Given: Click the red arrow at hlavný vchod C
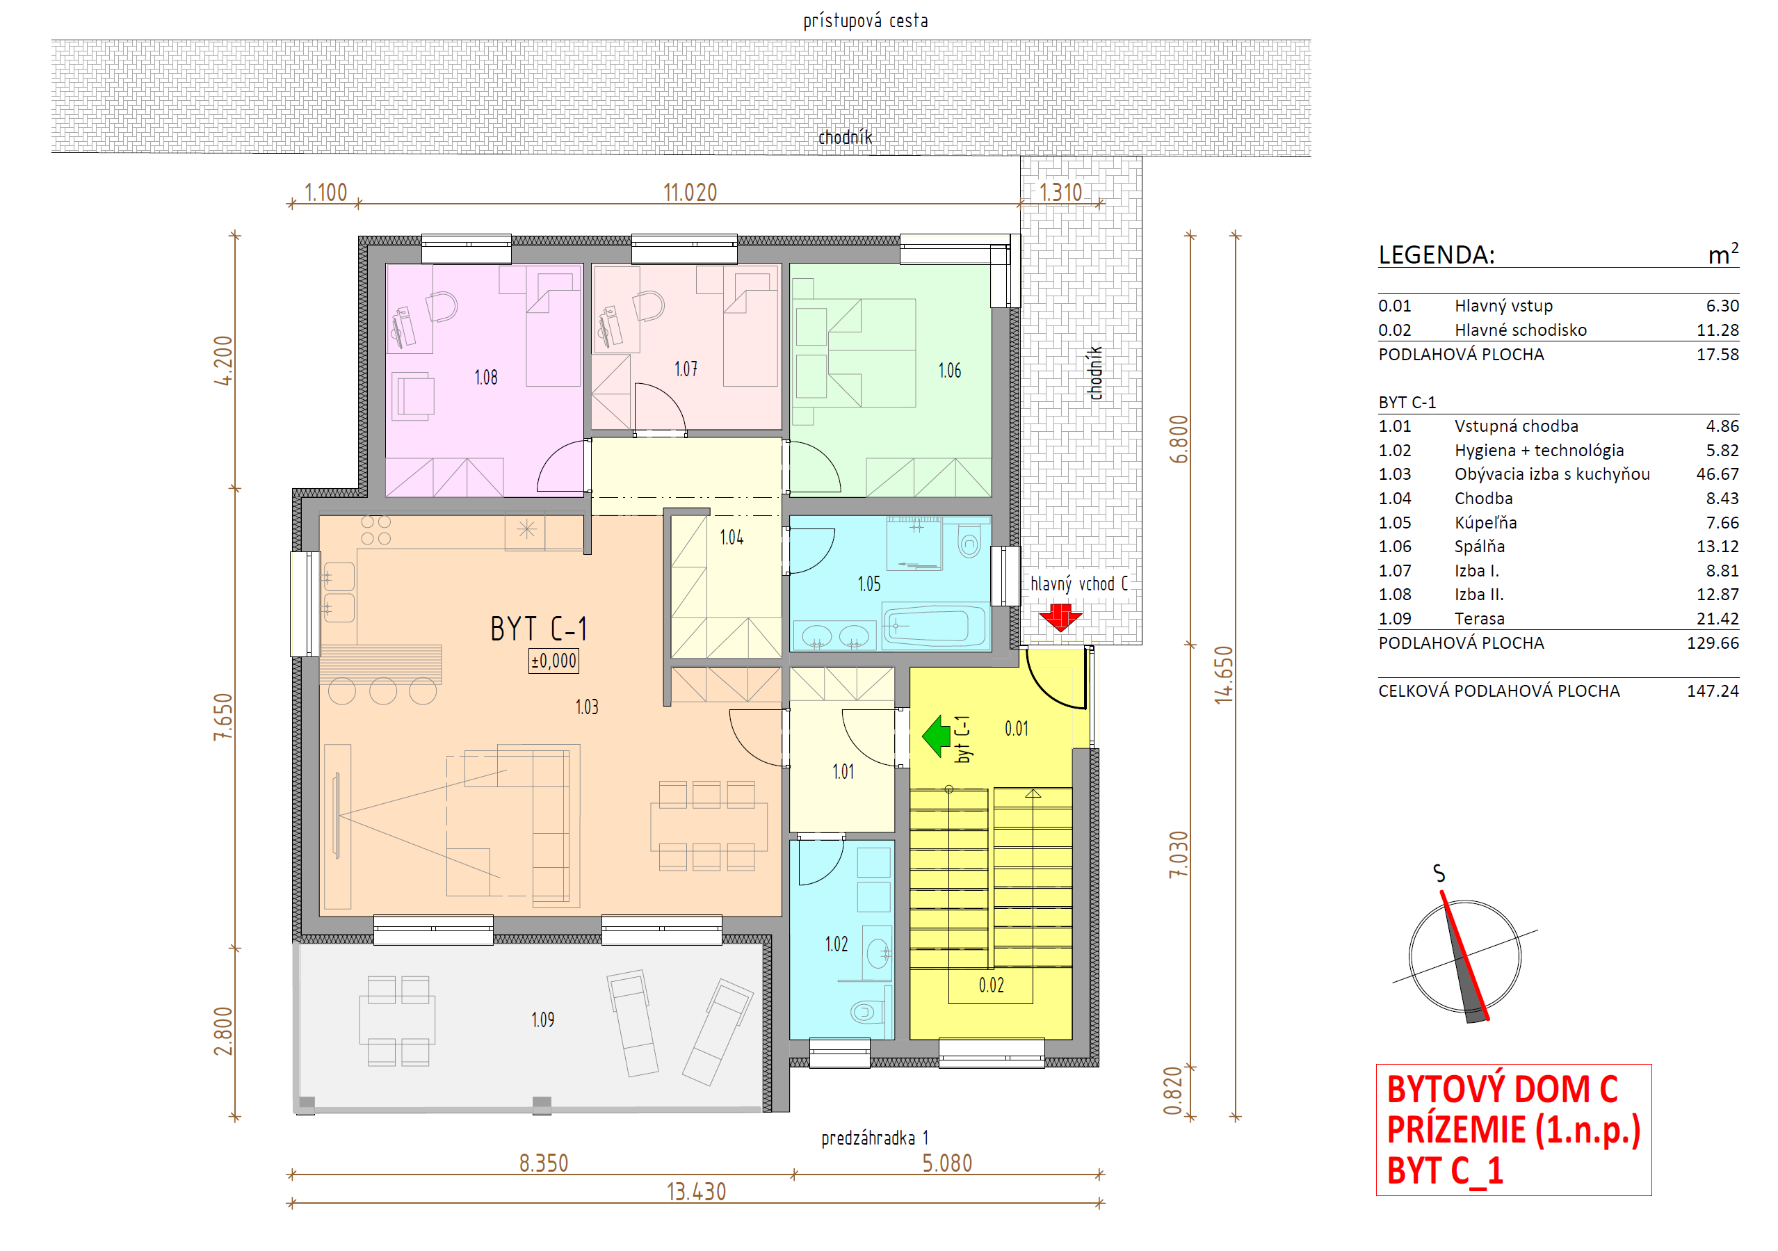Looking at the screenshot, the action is [x=1060, y=618].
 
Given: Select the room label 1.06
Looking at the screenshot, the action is [x=949, y=371].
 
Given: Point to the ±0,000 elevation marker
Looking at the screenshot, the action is [x=553, y=661].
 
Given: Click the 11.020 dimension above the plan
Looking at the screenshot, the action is [x=690, y=192].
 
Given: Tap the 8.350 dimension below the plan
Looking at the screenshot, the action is [x=544, y=1163].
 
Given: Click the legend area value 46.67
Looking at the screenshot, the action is [x=1717, y=474].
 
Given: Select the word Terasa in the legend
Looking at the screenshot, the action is [x=1479, y=619].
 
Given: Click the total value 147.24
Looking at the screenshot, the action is [x=1713, y=691].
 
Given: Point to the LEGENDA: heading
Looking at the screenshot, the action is [x=1437, y=255].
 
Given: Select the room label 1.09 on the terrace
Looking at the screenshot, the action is [x=543, y=1020].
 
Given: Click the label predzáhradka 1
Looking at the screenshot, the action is [x=874, y=1138].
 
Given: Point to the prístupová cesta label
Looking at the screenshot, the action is [x=865, y=21].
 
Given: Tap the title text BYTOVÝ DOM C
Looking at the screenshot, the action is [x=1503, y=1089].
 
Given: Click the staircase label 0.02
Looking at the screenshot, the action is [x=992, y=985].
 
